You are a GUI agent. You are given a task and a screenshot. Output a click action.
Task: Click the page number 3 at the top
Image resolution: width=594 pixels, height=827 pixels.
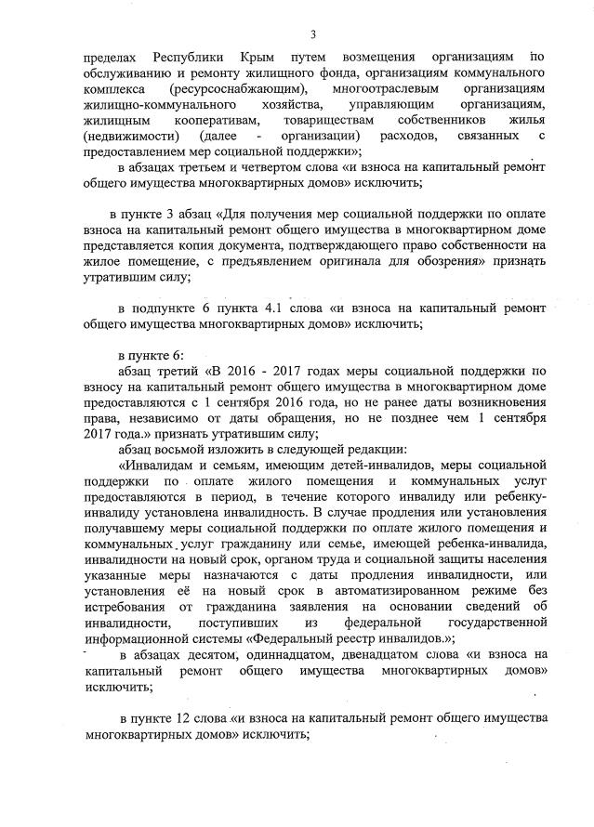click(313, 34)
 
